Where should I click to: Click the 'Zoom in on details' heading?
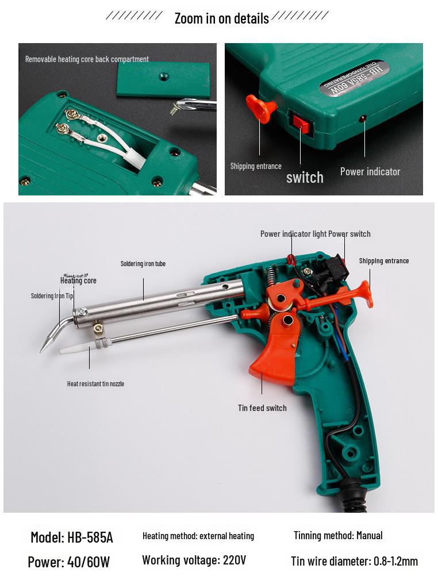[x=222, y=18]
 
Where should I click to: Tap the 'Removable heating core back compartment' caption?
[x=87, y=59]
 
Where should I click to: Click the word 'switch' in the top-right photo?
[x=305, y=177]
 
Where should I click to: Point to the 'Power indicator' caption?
[x=370, y=171]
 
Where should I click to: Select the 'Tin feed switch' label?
[x=262, y=408]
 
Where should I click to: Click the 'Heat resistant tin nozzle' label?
[x=95, y=383]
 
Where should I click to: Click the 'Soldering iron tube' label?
[x=143, y=264]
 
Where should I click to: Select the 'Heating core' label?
[x=78, y=281]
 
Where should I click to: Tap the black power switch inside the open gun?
[x=334, y=268]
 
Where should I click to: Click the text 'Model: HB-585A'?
[x=71, y=537]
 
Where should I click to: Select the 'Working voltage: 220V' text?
[x=194, y=560]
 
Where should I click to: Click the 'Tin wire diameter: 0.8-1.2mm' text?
[x=354, y=561]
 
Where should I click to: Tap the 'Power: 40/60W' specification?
[x=69, y=562]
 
